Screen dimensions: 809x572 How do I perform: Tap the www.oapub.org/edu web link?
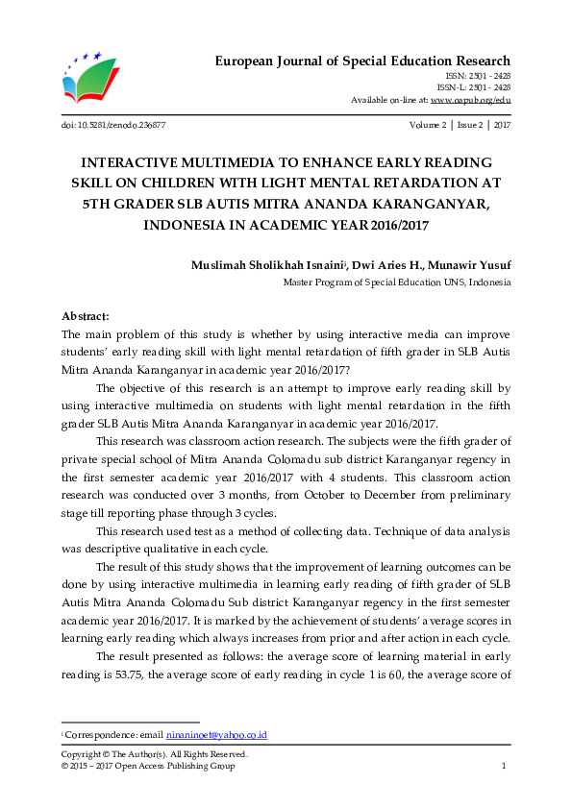[470, 99]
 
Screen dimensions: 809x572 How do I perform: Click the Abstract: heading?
[86, 316]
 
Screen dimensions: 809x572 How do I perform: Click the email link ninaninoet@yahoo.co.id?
[216, 735]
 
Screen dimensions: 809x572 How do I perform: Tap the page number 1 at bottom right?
[505, 766]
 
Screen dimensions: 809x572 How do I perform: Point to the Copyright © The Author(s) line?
[154, 754]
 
